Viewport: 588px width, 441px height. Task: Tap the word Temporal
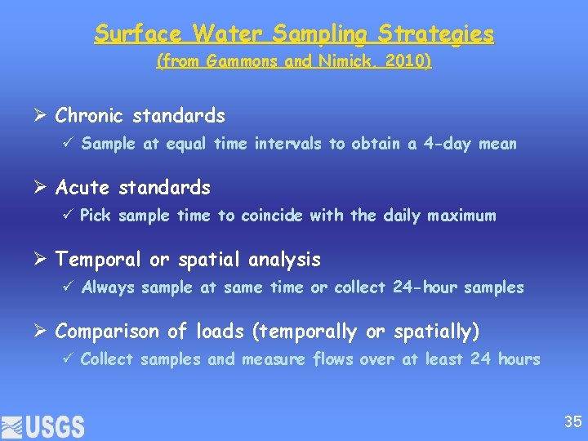click(99, 260)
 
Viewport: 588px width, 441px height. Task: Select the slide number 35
click(572, 422)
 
